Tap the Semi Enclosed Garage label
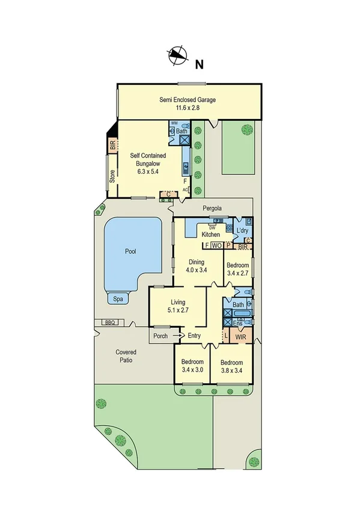tap(187, 104)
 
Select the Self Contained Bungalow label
tap(148, 163)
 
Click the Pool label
tap(132, 251)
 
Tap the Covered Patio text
tap(126, 356)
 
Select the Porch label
tap(160, 336)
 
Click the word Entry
tap(194, 336)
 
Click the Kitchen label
tap(210, 234)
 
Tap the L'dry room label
tap(242, 232)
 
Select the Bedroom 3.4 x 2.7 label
tap(238, 269)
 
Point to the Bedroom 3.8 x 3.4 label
tap(231, 367)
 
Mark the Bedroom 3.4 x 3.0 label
tap(193, 366)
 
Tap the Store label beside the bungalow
tap(112, 176)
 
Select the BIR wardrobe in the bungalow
tap(112, 145)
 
